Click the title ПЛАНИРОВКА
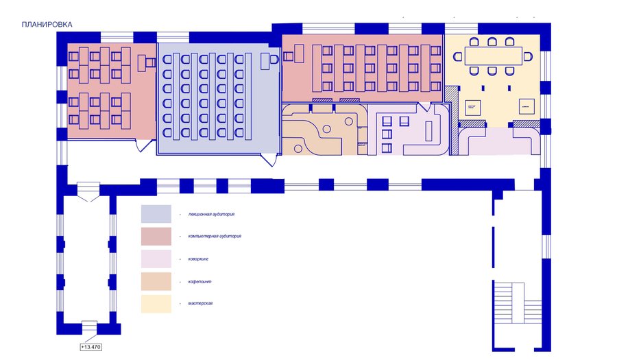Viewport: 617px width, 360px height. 47,25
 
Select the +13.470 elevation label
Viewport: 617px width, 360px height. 91,347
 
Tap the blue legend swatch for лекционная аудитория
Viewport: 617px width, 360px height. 156,213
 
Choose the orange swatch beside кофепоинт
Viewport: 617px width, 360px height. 156,281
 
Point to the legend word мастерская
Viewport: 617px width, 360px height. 200,303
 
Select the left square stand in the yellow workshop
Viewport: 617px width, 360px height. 473,108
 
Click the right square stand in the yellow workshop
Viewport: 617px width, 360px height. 526,108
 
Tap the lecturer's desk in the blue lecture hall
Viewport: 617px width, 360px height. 268,62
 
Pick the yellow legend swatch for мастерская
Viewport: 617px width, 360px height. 156,304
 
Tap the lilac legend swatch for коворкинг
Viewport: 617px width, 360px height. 156,259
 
